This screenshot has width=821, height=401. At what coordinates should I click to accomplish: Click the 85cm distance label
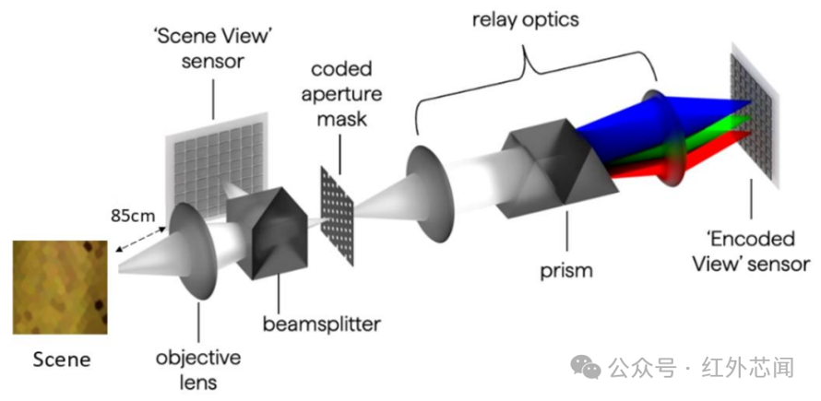(x=131, y=215)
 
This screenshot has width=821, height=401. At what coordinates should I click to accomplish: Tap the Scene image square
(x=60, y=288)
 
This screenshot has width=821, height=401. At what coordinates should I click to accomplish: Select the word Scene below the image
(x=62, y=360)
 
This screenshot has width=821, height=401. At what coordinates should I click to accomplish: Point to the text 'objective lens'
(x=198, y=370)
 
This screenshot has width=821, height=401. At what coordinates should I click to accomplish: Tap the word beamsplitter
(x=322, y=324)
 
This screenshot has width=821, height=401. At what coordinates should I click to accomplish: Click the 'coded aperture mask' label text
(x=340, y=95)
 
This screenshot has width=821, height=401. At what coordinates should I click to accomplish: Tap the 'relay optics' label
(x=525, y=20)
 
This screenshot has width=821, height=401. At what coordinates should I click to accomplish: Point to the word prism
(x=567, y=271)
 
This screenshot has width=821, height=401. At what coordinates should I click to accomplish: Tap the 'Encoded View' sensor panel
(x=755, y=115)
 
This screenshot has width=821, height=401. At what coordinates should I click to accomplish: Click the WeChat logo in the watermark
(x=586, y=367)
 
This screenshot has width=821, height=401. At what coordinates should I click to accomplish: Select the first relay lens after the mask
(x=428, y=194)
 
